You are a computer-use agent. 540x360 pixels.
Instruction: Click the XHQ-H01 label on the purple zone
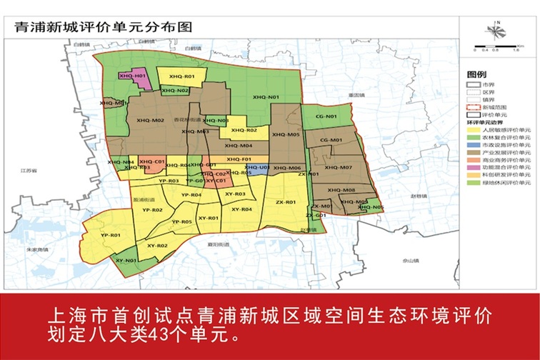[x=133, y=75]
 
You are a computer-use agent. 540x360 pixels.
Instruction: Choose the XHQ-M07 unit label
[x=339, y=167]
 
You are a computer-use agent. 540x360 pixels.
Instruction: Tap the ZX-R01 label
[x=286, y=202]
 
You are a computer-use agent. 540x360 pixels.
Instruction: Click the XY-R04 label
[x=242, y=209]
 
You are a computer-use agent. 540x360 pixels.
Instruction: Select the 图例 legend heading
[x=476, y=74]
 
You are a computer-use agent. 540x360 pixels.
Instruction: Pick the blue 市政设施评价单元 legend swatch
[x=473, y=144]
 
